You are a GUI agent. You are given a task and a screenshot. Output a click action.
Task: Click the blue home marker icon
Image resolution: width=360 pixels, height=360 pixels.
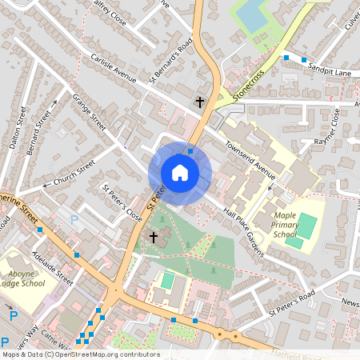[x=180, y=172]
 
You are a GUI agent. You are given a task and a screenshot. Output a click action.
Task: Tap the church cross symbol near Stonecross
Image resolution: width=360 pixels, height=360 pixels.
[x=200, y=102]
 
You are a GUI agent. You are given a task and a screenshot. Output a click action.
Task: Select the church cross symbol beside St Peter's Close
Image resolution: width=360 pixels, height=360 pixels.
[x=154, y=238]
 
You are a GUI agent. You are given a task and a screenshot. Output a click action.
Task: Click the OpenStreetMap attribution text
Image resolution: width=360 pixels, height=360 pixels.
[x=80, y=354]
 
